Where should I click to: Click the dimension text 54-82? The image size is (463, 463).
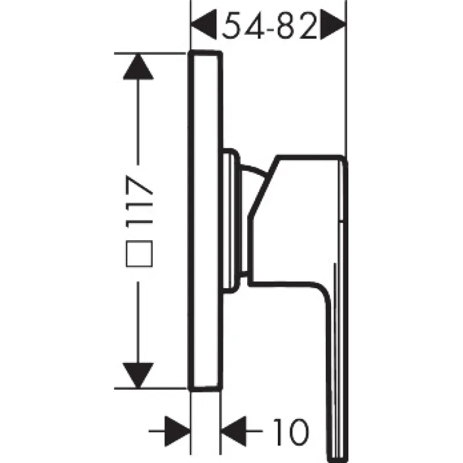coord(269,25)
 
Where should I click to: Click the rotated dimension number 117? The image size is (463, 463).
coord(139,202)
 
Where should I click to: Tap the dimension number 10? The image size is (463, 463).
coord(291,432)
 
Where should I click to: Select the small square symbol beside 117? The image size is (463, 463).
coord(139,253)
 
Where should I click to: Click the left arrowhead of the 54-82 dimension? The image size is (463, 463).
coord(204,24)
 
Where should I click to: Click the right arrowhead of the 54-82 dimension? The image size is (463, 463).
coord(333,24)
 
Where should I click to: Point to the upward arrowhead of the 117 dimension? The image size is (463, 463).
coord(138,67)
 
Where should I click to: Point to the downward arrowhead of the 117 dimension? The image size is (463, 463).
coord(138,375)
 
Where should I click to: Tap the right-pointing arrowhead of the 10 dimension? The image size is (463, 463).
coord(177,431)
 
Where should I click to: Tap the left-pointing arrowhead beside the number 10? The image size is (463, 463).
coord(234,431)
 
